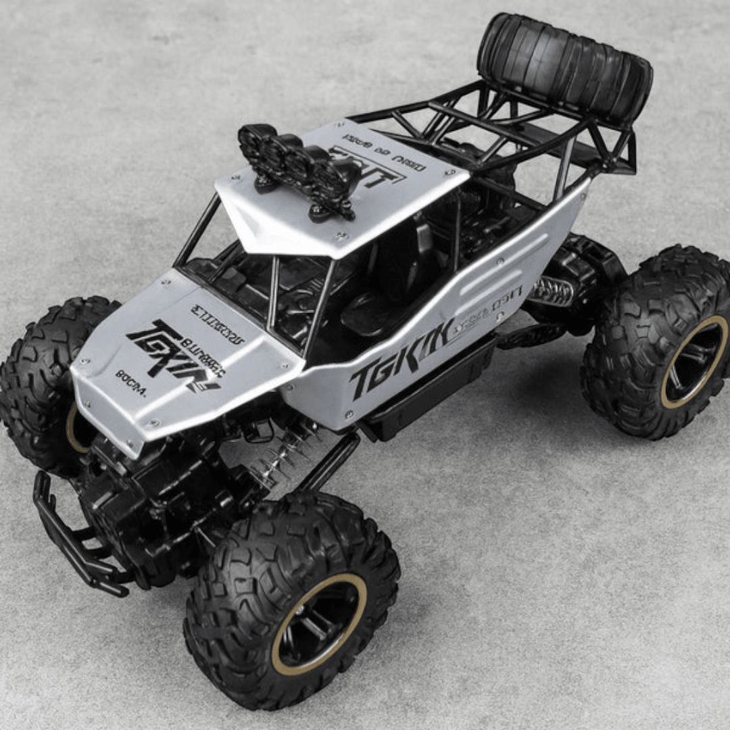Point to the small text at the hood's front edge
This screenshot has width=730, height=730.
pos(130,374)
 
